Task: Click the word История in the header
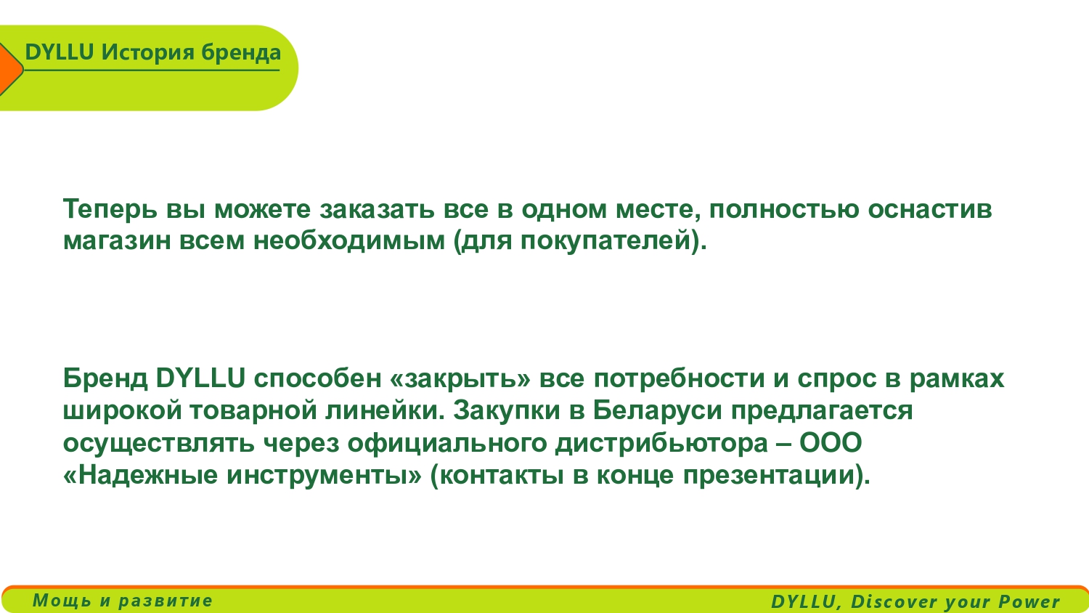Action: (x=148, y=52)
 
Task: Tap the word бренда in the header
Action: (x=241, y=52)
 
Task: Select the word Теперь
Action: (x=110, y=209)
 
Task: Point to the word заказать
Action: (x=377, y=209)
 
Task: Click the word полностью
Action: (x=784, y=209)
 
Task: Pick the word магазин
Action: (x=117, y=240)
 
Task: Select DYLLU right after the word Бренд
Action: (x=200, y=378)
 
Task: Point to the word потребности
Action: (x=679, y=378)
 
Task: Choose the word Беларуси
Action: (x=657, y=410)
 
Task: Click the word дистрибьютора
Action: (x=661, y=443)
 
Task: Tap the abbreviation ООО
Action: (x=831, y=443)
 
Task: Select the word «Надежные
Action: (x=141, y=475)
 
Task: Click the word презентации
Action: (x=769, y=476)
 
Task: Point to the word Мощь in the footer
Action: (x=62, y=601)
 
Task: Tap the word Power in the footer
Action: (x=1029, y=601)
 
